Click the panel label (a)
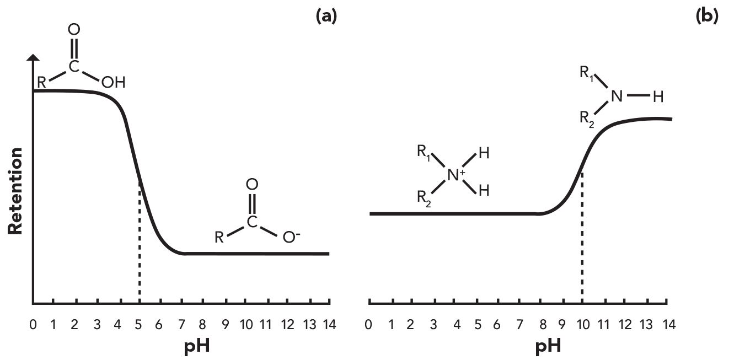tap(325, 17)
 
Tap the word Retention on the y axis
tap(15, 191)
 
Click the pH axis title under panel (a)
tap(197, 347)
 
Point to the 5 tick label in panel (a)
tap(139, 325)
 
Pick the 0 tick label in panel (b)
tap(368, 325)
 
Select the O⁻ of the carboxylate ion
tap(291, 238)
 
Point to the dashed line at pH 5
tap(140, 248)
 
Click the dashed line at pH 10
tap(582, 237)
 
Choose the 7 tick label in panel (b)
tap(519, 325)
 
